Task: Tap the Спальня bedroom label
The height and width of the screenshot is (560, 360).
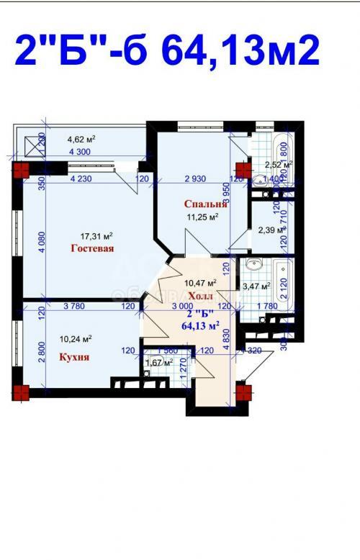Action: click(x=201, y=204)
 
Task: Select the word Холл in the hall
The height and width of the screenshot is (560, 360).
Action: click(x=199, y=296)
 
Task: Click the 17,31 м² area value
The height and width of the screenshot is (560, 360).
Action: click(x=97, y=235)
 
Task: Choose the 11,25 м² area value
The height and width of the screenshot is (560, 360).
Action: click(x=202, y=215)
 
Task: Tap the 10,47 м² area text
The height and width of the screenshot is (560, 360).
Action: click(x=202, y=284)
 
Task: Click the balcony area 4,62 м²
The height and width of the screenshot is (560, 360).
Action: click(x=82, y=140)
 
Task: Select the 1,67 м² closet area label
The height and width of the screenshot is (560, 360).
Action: click(x=159, y=363)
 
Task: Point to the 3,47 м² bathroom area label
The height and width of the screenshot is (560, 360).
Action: click(x=256, y=286)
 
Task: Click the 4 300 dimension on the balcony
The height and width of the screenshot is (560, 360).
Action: click(x=80, y=153)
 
